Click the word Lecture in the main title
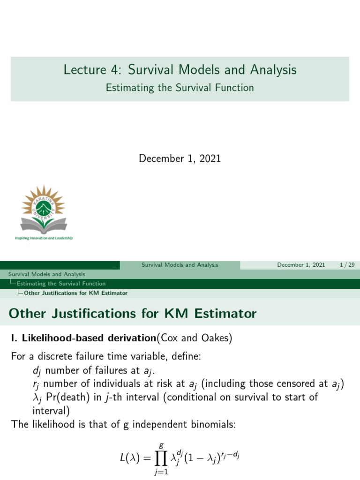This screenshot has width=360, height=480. click(83, 70)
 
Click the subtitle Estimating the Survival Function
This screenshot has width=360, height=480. click(180, 88)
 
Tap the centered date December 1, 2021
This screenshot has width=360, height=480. click(180, 158)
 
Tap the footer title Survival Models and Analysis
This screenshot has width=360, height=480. click(180, 265)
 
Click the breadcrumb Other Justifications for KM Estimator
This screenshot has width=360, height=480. click(75, 293)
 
